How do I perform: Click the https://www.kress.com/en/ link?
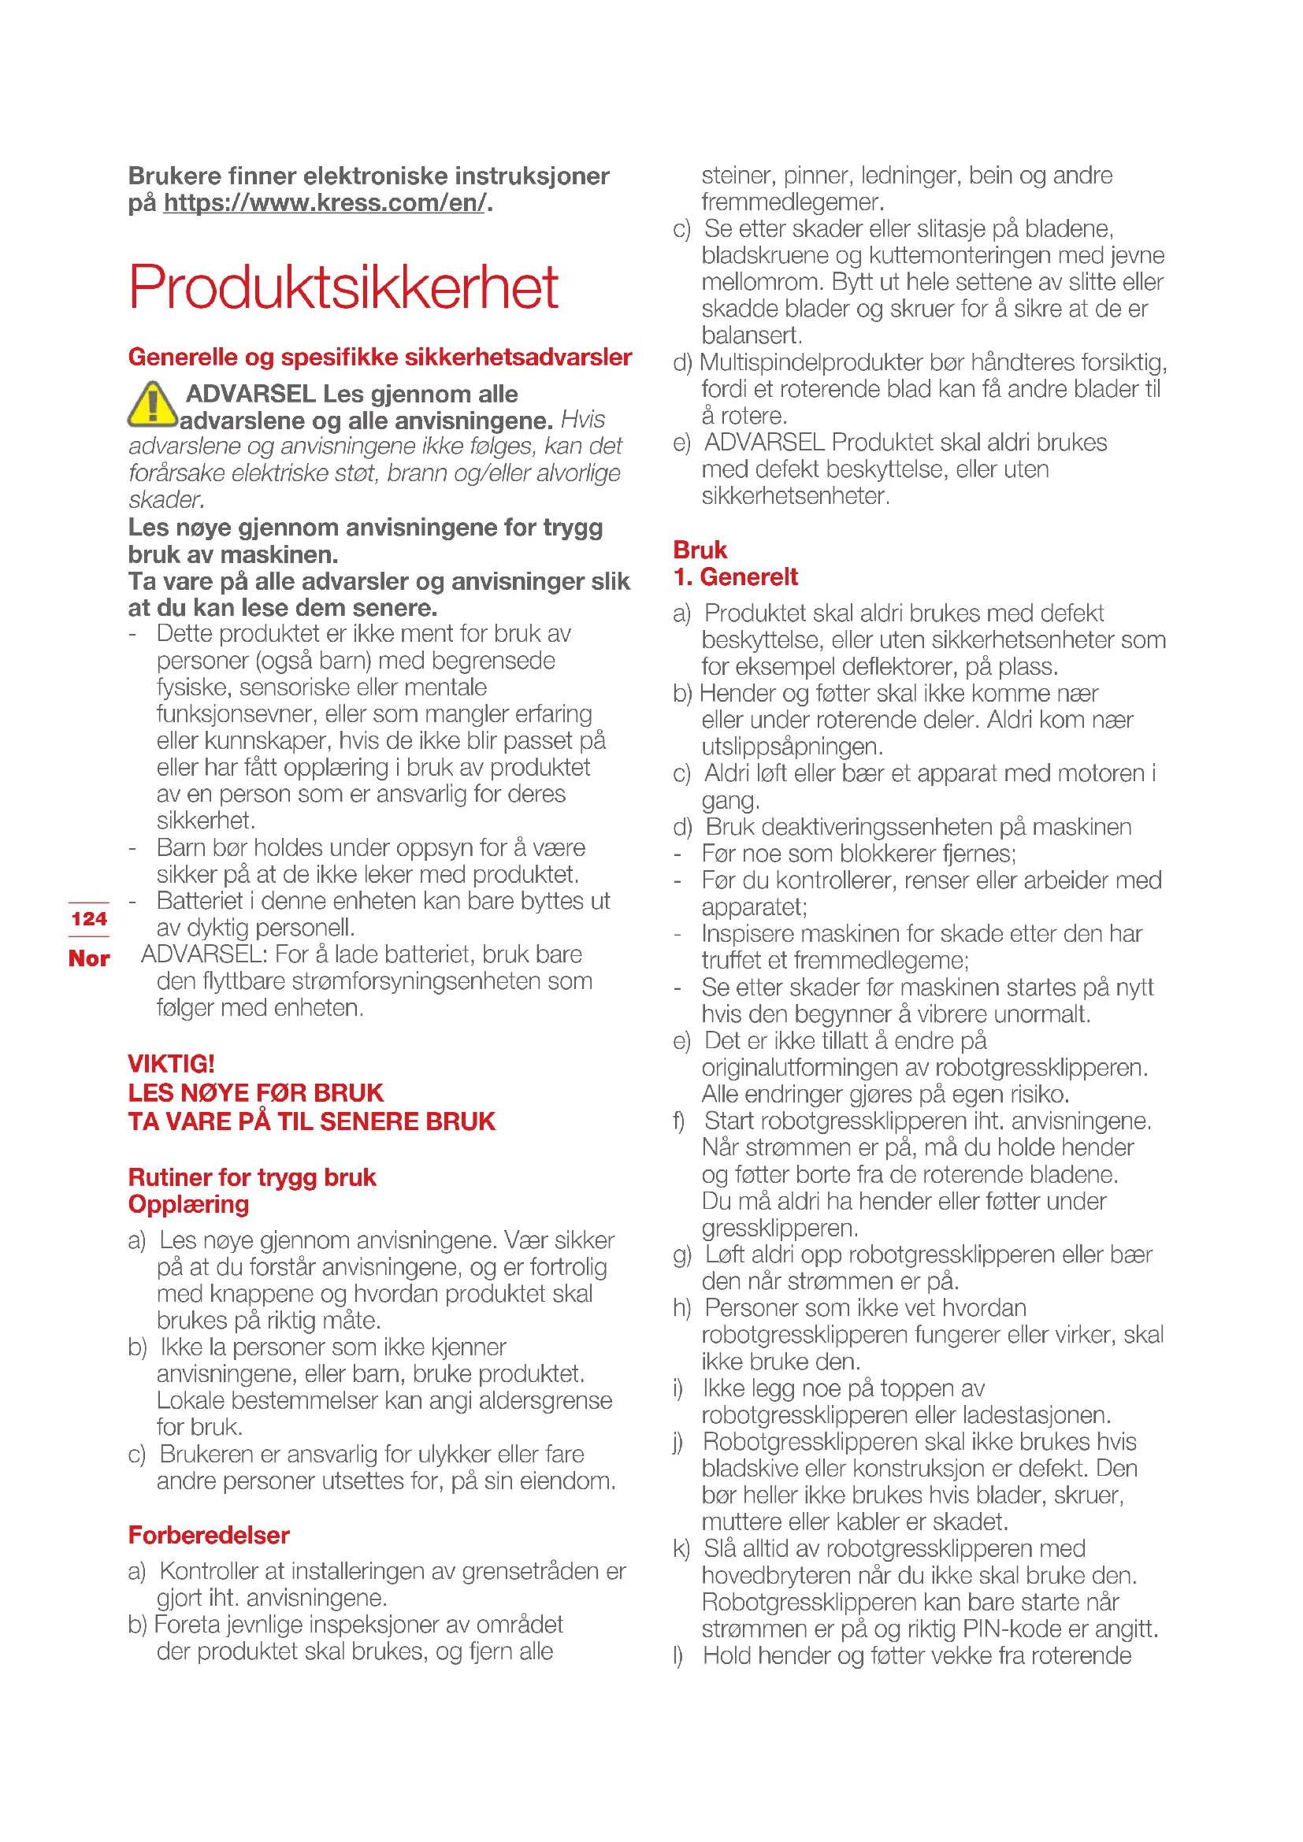(324, 203)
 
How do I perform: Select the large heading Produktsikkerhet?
(343, 287)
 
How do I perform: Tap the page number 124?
(88, 918)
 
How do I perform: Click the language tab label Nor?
(88, 958)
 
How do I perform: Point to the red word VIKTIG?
(171, 1064)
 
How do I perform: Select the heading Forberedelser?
(209, 1535)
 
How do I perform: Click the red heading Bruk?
(700, 550)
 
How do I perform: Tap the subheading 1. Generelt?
(735, 576)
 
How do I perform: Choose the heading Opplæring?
(188, 1204)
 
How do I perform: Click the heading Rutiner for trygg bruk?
(251, 1177)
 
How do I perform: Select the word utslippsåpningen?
(791, 747)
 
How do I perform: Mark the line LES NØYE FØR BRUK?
(255, 1093)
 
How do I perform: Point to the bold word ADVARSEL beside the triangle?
(251, 394)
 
